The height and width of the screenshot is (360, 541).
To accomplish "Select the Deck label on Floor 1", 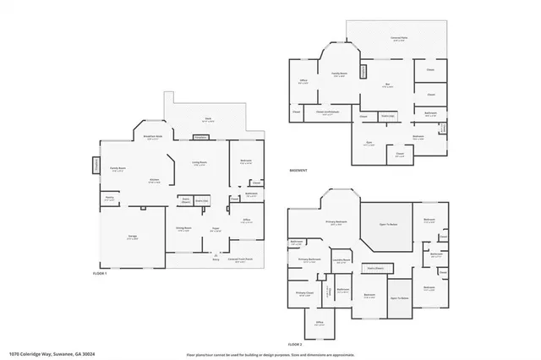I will click(x=207, y=119).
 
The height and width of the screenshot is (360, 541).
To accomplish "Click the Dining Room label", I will click(x=182, y=229).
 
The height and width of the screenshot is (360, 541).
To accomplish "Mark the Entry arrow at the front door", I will click(x=216, y=256).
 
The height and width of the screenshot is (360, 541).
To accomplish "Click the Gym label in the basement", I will click(x=369, y=144).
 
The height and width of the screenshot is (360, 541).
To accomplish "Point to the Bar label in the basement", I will click(x=387, y=85).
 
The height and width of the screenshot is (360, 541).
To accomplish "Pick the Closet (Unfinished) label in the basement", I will click(x=327, y=112).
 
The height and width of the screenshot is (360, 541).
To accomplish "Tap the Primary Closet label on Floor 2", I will click(x=303, y=295).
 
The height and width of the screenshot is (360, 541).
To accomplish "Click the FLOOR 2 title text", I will click(x=294, y=345).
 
